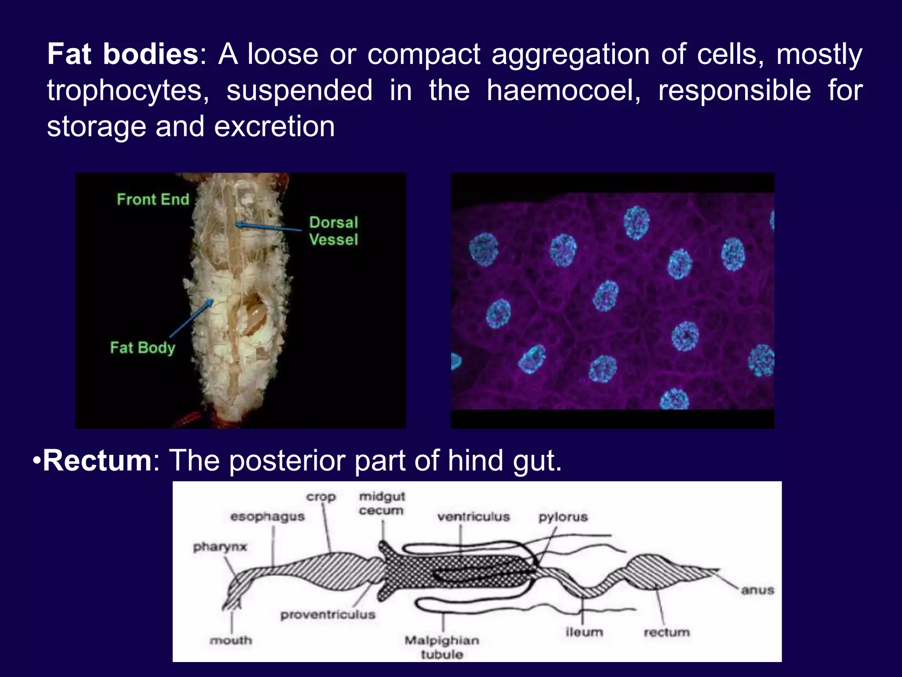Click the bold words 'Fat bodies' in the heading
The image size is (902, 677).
pos(123,55)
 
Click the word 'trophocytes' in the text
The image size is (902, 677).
pos(128,91)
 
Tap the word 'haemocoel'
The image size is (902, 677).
pos(563,91)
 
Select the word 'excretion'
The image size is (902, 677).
pos(274,127)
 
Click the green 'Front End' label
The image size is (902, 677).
pos(153,200)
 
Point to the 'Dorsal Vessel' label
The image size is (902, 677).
pos(333,231)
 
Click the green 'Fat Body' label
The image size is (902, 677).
pos(142,348)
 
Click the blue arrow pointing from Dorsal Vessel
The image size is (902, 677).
pos(269,227)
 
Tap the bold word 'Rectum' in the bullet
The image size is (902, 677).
pos(97,461)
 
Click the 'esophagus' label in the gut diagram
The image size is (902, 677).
pos(267,517)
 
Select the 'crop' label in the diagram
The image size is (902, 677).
pos(321,497)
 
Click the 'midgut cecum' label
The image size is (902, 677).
pos(381,503)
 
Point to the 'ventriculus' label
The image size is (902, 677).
pos(473,517)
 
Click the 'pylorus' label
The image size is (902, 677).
pos(563,517)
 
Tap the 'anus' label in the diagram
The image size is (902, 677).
pos(757,590)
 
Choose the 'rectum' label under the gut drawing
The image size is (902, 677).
pos(666,632)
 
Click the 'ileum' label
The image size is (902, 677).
pos(584,632)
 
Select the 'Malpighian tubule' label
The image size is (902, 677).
pos(442,647)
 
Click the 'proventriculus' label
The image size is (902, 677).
pos(328,614)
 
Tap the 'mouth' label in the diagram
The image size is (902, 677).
pos(231,640)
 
